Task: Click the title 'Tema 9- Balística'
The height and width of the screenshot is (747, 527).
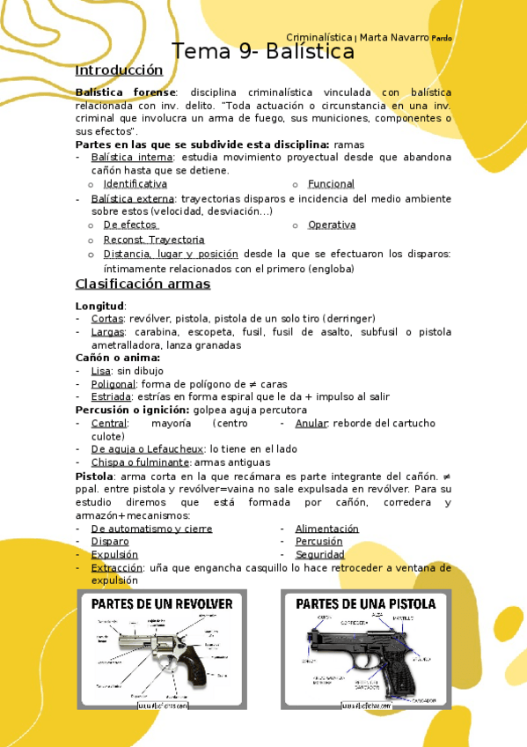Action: click(x=262, y=52)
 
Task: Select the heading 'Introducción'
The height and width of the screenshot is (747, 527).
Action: click(x=119, y=70)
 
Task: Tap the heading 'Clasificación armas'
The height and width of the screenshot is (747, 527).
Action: click(x=143, y=284)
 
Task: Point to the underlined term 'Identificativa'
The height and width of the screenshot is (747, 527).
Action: click(x=135, y=184)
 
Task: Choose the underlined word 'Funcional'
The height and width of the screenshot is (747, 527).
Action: click(x=331, y=184)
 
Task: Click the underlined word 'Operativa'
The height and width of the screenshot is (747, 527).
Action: click(x=332, y=226)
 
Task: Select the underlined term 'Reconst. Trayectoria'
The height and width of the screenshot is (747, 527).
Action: click(x=154, y=240)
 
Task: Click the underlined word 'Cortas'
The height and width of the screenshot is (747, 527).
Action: click(x=107, y=318)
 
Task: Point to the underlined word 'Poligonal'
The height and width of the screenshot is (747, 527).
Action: click(x=113, y=384)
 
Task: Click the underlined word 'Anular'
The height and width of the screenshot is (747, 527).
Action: click(x=311, y=424)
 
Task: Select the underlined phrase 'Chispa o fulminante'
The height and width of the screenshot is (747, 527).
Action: click(x=140, y=462)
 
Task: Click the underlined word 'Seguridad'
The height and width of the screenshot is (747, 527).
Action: click(x=320, y=555)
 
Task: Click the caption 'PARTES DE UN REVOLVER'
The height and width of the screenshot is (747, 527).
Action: click(x=162, y=604)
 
